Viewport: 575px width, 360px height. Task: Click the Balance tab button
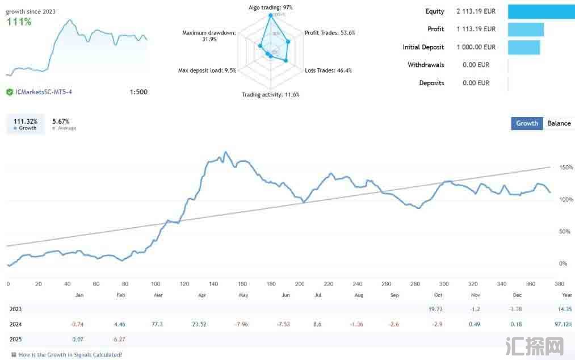[559, 123]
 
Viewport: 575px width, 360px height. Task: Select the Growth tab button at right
[527, 123]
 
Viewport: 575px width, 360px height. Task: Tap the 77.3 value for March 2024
[157, 324]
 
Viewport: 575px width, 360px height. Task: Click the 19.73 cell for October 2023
[435, 309]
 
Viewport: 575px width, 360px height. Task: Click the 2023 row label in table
[16, 309]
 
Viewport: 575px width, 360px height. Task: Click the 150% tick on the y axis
[566, 168]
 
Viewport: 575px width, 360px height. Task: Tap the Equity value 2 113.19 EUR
[476, 11]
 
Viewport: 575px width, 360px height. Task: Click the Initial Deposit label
[423, 47]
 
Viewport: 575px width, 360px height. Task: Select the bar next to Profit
[526, 29]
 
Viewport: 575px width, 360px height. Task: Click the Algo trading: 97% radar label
[271, 7]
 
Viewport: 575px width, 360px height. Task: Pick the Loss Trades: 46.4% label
[328, 70]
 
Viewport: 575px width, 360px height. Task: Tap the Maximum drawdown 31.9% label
[208, 36]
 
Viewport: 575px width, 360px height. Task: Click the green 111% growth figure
[19, 22]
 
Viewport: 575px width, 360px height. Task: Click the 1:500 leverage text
[138, 92]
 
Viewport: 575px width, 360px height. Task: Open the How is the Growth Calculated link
[70, 355]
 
